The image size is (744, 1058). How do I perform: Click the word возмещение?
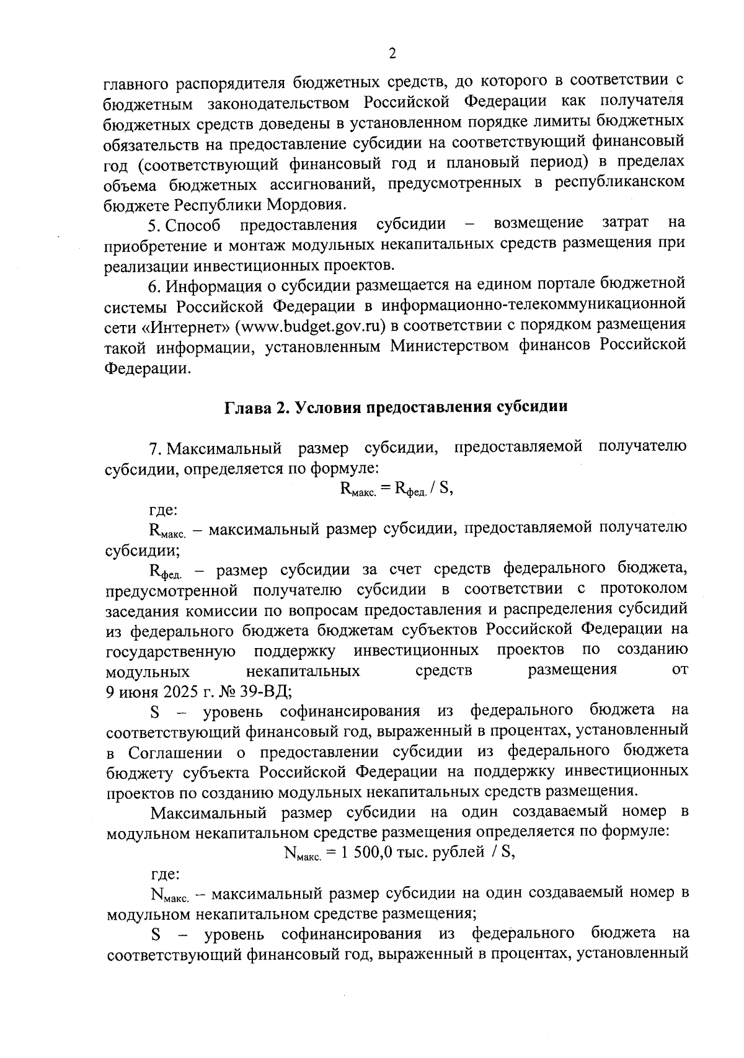point(538,223)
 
